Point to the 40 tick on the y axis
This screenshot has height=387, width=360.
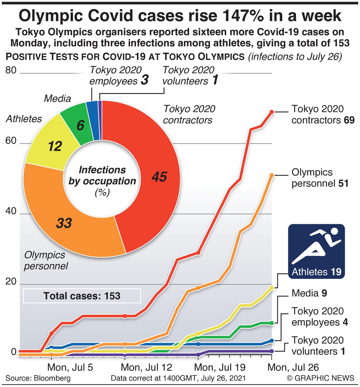pos(11,211)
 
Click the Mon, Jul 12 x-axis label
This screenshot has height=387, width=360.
pos(146,367)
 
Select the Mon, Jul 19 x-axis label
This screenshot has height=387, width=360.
pos(220,367)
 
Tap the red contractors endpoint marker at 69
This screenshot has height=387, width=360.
pos(272,112)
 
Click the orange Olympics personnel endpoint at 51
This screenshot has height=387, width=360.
pos(272,175)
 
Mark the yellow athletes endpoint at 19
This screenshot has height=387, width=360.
pos(272,288)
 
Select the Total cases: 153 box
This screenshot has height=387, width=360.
pos(82,296)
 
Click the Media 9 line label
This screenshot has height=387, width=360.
pos(309,293)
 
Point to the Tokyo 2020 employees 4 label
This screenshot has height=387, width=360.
pos(319,317)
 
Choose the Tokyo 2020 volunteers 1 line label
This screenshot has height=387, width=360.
pos(318,346)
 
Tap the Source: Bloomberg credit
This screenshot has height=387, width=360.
pos(38,378)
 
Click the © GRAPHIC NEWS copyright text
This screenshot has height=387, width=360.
pos(320,378)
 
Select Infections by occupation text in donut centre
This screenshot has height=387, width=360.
pos(102,176)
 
